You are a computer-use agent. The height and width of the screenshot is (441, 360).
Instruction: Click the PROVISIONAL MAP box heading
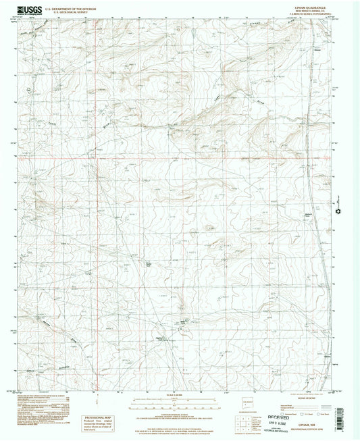[95, 417]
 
